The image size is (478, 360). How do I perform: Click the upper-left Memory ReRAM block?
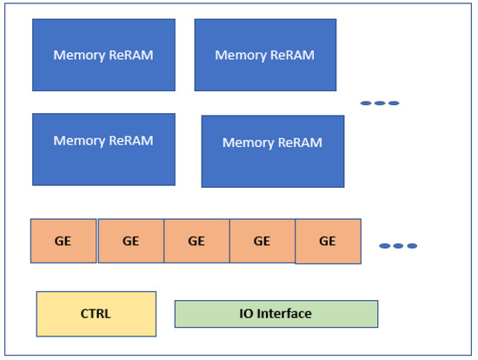click(103, 55)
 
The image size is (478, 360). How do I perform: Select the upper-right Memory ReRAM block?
click(265, 55)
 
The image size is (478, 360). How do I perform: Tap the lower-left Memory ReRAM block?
click(103, 149)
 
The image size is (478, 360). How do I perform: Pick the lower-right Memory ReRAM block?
click(273, 151)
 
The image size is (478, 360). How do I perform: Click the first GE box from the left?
click(63, 241)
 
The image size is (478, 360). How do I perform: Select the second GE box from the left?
click(130, 241)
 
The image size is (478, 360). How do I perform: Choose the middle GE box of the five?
click(196, 241)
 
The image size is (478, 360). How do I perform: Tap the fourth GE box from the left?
click(262, 241)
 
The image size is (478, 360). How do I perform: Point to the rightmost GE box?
click(328, 242)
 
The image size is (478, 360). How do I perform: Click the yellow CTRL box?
click(96, 313)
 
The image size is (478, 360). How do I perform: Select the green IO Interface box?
click(276, 313)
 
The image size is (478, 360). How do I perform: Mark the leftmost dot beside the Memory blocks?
click(366, 103)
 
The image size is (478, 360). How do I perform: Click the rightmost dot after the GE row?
click(412, 246)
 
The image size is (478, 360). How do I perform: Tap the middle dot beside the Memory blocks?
click(380, 103)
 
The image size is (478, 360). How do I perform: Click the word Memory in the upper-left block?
click(79, 55)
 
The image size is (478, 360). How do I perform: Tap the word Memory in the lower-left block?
click(79, 140)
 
